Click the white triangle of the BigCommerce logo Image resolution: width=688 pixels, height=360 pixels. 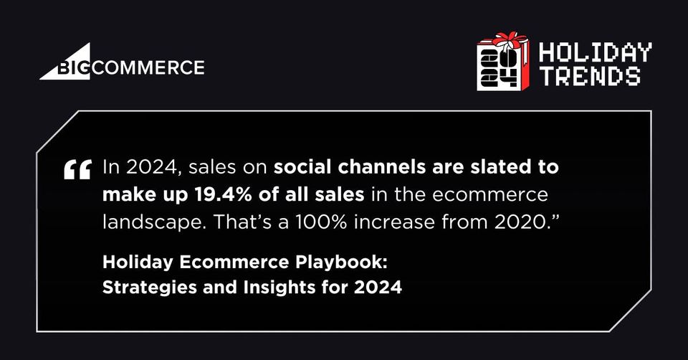pyautogui.click(x=75, y=66)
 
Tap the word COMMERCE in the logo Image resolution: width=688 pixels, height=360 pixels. pyautogui.click(x=149, y=67)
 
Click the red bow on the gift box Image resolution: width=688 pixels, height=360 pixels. pyautogui.click(x=509, y=40)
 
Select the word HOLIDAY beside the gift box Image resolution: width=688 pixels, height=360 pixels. pyautogui.click(x=595, y=53)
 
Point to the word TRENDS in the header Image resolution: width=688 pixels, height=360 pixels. pyautogui.click(x=590, y=76)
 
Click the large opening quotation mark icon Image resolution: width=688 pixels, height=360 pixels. pyautogui.click(x=77, y=169)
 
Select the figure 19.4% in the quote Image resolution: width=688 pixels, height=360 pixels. pyautogui.click(x=220, y=194)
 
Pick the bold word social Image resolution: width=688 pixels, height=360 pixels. pyautogui.click(x=302, y=167)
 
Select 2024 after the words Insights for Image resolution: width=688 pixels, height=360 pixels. pyautogui.click(x=378, y=288)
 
